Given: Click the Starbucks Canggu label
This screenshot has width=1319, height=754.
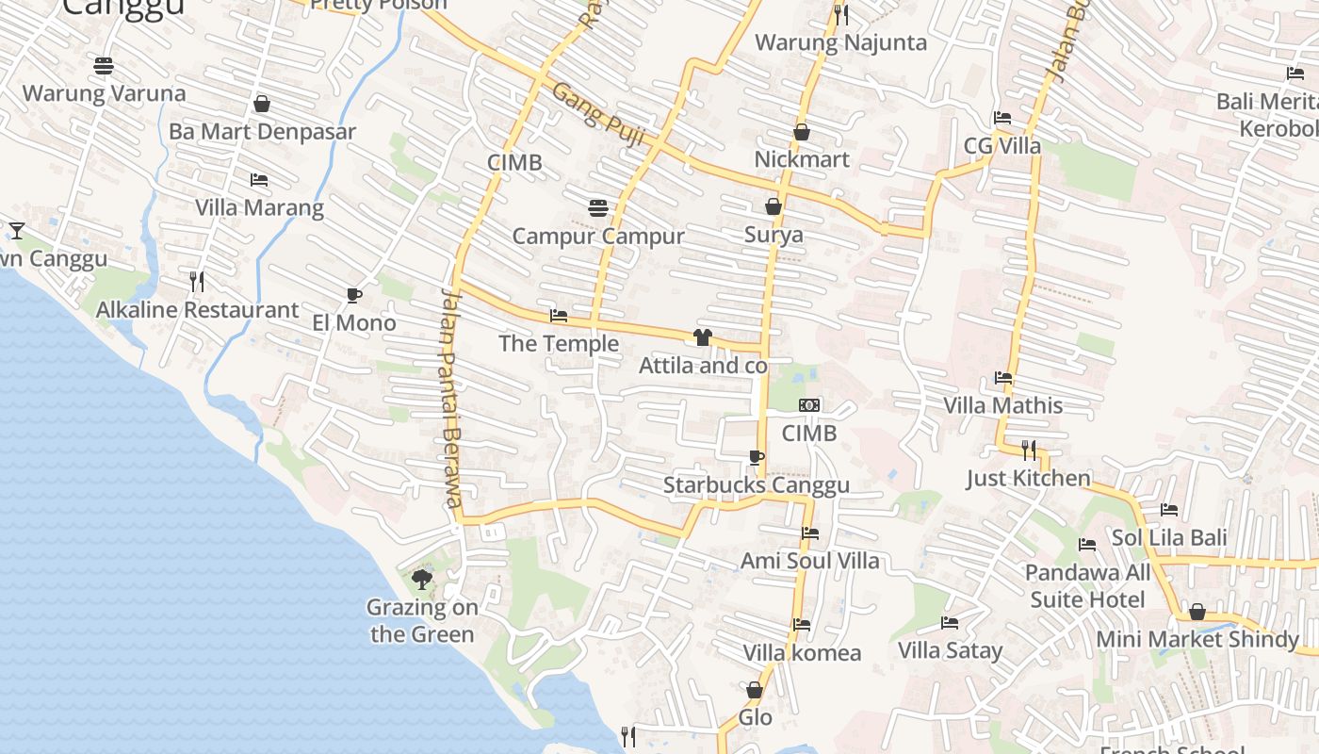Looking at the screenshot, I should pos(756,485).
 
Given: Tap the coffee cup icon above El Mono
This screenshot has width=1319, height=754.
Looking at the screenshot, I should pos(354,296).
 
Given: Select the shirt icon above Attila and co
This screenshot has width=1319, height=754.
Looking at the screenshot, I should pos(702,337).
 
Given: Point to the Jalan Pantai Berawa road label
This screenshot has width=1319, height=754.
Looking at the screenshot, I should pos(451,397).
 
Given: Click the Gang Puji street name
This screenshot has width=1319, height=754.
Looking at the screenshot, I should pos(598,114).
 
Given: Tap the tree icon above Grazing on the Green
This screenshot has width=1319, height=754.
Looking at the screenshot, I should pos(422,580).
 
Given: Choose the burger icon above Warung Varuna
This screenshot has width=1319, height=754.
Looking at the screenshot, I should pos(104,66).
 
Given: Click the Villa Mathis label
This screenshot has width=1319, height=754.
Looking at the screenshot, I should pos(1003,405).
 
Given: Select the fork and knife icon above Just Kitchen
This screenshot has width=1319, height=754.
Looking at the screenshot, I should pos(1029,451).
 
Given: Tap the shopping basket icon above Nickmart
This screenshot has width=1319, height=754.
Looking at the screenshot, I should pos(802,132).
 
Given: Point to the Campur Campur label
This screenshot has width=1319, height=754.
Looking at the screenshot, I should pos(598,236).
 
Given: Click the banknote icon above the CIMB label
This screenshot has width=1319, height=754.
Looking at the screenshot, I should pos(808,405).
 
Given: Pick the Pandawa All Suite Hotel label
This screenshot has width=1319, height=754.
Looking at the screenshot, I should pos(1087,586).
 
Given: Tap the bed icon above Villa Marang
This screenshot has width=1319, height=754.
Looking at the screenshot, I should pos(259,180).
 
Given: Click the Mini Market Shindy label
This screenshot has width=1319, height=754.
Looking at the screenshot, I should pos(1197,640).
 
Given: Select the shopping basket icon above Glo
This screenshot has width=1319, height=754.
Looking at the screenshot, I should pos(755,691).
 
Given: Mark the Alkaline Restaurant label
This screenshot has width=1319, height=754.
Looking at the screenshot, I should pos(198,310).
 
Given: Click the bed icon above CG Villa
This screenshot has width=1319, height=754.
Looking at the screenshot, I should pos(1002,118).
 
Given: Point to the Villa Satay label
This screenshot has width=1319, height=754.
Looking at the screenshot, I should pos(950,650).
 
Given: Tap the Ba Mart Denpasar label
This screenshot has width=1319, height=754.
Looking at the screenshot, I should pos(262,131).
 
